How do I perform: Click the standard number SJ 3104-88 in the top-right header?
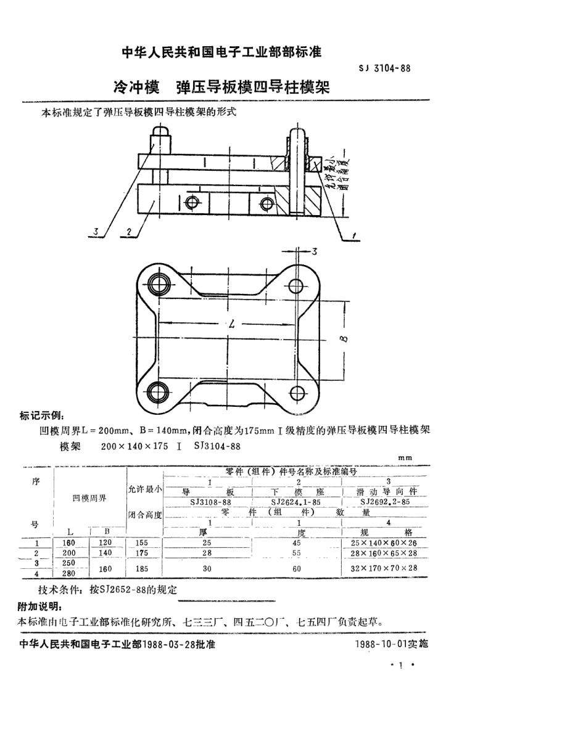tap(384, 68)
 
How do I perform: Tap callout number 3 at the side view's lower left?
tap(96, 232)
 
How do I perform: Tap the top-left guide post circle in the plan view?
tap(159, 284)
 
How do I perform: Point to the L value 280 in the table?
tap(68, 573)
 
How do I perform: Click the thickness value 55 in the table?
tap(297, 553)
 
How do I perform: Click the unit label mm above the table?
tap(405, 457)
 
